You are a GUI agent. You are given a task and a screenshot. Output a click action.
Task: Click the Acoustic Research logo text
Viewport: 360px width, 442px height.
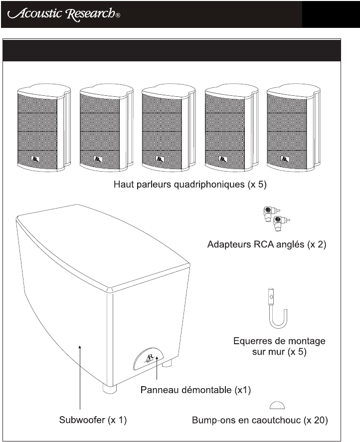coord(60,13)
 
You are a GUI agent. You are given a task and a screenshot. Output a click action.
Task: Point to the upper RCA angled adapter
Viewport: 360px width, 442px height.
coord(270,212)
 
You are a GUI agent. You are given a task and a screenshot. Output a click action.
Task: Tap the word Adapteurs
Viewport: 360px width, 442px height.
coord(230,245)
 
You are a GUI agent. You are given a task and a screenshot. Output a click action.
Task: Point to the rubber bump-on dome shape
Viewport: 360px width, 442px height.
coord(277,405)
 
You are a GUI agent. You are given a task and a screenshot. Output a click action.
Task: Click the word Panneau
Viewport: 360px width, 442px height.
coord(158,389)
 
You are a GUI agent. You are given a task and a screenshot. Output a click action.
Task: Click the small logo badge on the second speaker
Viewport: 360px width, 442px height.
coord(97,160)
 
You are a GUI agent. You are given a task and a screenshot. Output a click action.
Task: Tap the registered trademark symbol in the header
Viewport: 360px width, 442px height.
coord(118,16)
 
